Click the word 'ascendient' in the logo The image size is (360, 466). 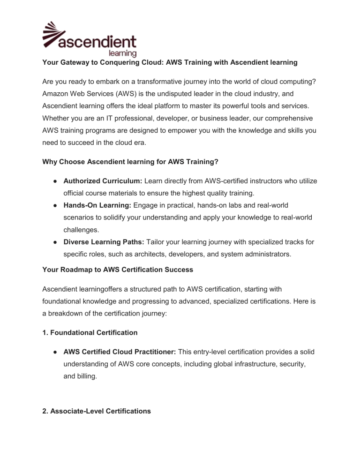[98, 42]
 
